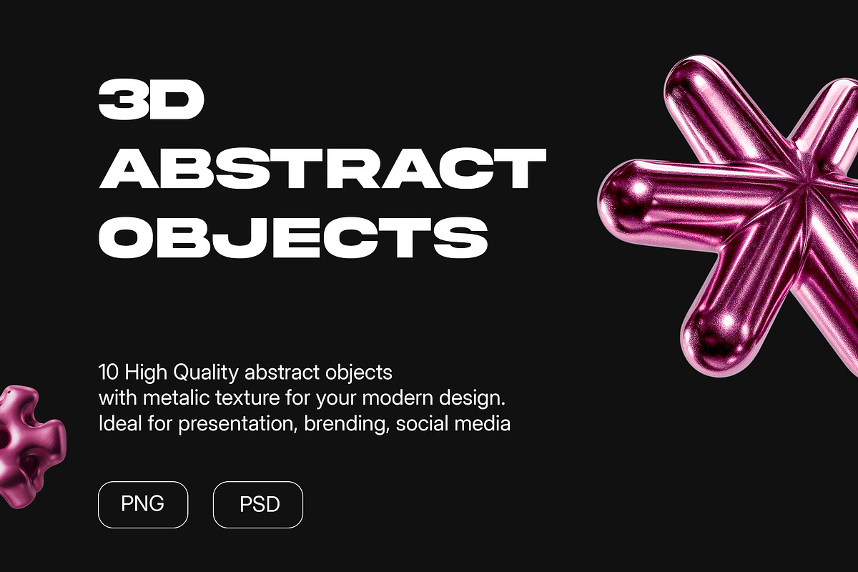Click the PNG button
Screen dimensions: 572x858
point(143,504)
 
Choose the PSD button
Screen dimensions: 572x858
point(258,505)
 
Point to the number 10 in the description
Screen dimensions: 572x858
point(108,372)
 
